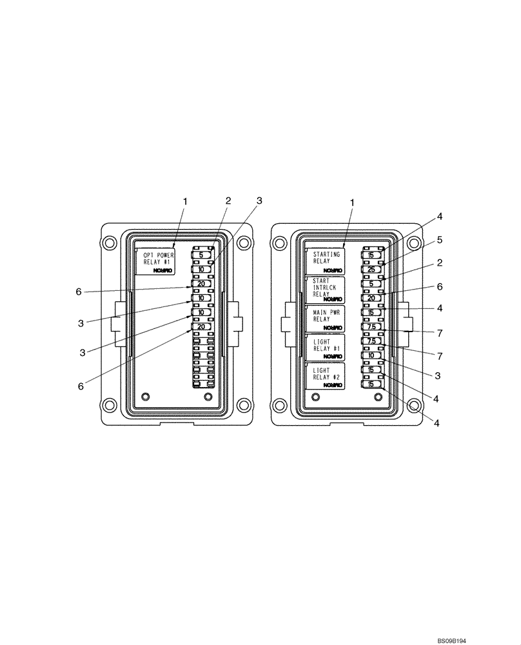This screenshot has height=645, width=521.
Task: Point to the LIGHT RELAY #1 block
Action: (326, 346)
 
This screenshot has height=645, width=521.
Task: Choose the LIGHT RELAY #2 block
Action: (326, 375)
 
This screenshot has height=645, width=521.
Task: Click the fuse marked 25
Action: (371, 270)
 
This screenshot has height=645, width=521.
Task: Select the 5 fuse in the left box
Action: (201, 255)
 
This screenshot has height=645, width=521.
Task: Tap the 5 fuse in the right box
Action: (371, 284)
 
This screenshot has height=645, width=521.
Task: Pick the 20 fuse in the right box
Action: (371, 298)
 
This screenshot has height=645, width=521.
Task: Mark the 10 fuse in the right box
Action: (371, 355)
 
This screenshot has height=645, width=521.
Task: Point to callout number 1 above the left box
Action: (185, 202)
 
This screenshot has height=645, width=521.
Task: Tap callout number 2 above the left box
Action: (228, 201)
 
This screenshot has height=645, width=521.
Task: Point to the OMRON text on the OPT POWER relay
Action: (162, 272)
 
